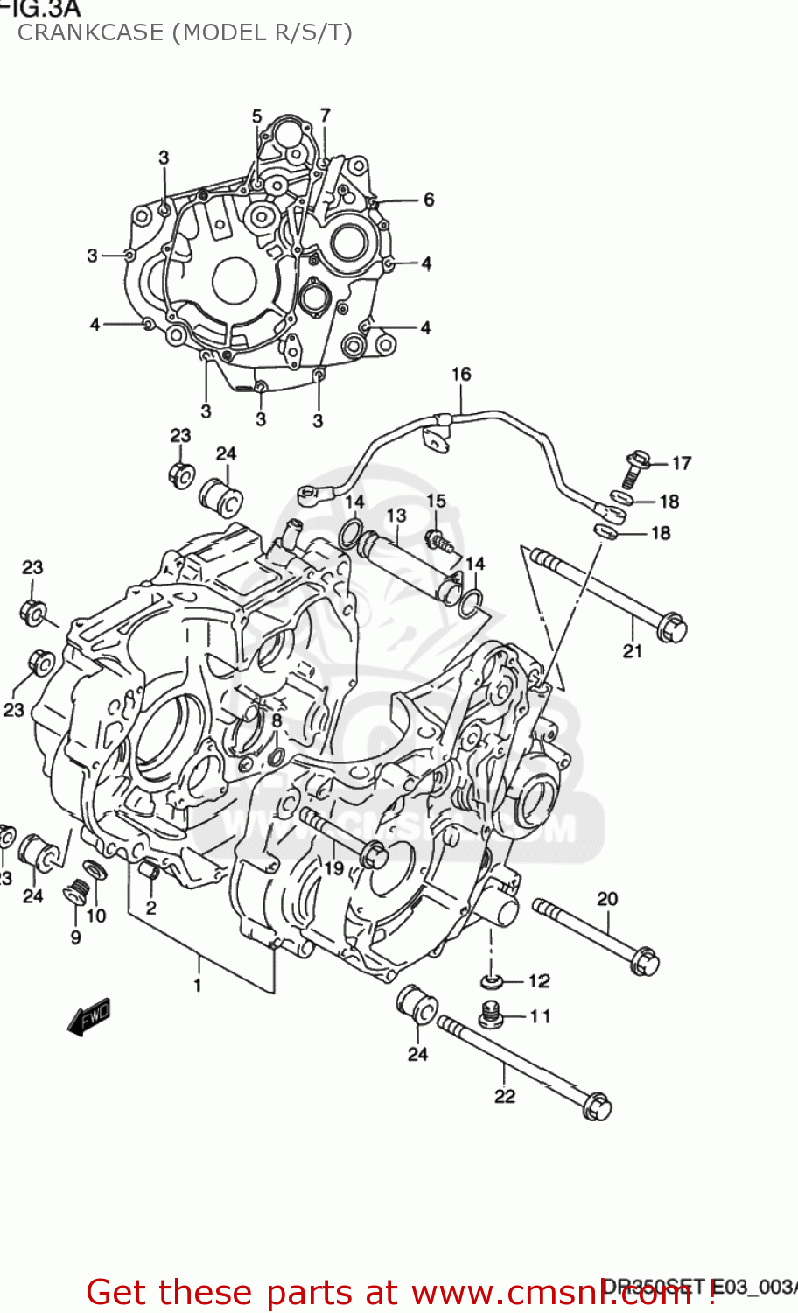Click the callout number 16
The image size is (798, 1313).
click(x=461, y=374)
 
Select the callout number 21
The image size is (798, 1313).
click(x=632, y=650)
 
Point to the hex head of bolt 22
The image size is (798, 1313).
click(x=596, y=1106)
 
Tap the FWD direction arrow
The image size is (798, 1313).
click(x=89, y=1016)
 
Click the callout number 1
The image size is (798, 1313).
click(x=198, y=985)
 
